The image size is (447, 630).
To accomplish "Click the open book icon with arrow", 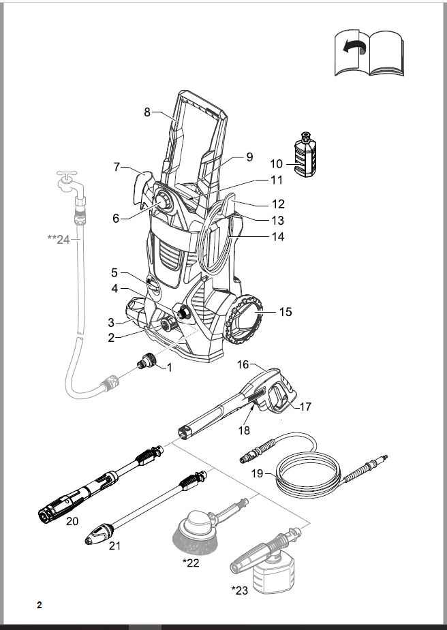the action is (x=369, y=52).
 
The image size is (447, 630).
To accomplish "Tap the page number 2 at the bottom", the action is (x=40, y=605).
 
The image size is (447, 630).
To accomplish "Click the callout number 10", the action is (x=277, y=164).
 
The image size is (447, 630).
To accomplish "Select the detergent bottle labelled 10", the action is (x=305, y=155).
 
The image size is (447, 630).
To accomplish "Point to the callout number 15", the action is (x=286, y=312).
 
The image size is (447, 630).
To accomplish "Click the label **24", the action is (x=59, y=240).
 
